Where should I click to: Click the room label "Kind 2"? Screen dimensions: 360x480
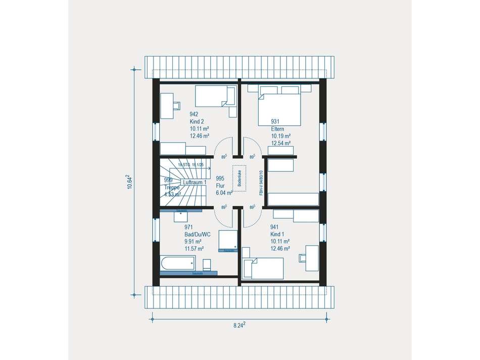click(x=197, y=121)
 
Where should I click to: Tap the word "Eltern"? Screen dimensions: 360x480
click(x=277, y=129)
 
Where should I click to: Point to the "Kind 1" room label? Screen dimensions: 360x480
click(x=277, y=235)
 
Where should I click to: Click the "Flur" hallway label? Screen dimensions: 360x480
click(x=220, y=186)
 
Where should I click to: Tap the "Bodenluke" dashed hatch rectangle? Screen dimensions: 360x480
click(x=238, y=178)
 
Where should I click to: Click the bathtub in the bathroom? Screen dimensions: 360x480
click(x=177, y=263)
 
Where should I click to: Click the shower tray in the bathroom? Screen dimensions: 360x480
click(x=228, y=241)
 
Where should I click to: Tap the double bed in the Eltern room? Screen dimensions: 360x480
click(x=279, y=107)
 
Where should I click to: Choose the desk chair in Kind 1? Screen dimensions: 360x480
click(x=303, y=258)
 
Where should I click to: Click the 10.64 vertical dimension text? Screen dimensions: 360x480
click(x=129, y=182)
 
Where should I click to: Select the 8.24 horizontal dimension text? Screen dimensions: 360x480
click(x=239, y=326)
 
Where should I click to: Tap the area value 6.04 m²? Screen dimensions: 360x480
click(x=224, y=193)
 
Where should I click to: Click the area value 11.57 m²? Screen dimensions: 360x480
click(x=194, y=248)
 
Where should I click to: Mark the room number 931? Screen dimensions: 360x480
click(x=275, y=122)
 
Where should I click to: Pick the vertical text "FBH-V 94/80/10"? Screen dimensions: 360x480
click(x=261, y=182)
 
